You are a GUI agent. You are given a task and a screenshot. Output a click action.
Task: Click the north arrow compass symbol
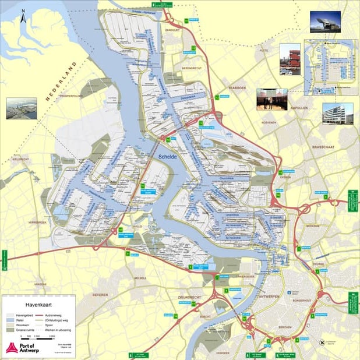22,17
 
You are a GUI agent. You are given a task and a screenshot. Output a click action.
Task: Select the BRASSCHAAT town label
326,147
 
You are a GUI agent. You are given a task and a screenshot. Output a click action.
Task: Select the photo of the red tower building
290,59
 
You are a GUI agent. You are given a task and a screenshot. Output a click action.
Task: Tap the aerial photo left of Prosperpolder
22,108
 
